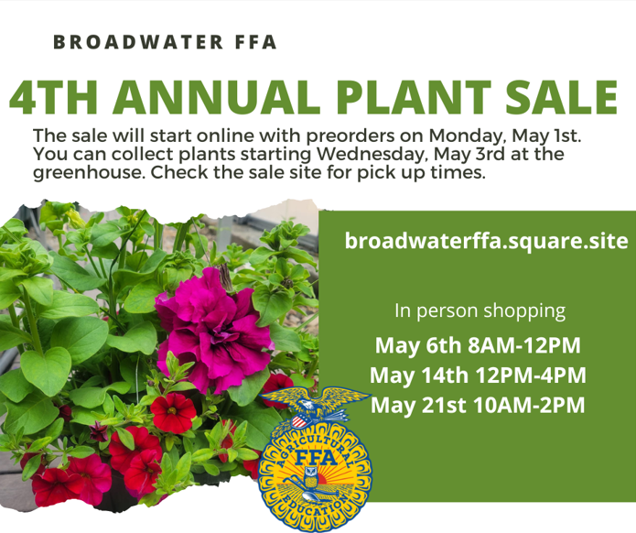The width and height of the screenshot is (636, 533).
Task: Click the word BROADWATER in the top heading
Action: click(138, 42)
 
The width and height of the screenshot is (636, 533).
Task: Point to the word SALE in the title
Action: click(561, 97)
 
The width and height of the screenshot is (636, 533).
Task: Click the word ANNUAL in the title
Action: click(216, 98)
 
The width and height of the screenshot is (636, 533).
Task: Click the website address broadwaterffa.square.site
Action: click(486, 241)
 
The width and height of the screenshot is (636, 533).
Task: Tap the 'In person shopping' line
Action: click(480, 311)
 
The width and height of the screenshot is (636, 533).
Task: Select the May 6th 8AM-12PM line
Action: click(478, 345)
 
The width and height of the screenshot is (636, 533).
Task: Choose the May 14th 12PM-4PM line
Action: click(478, 375)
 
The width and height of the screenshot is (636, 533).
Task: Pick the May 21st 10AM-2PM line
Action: click(478, 405)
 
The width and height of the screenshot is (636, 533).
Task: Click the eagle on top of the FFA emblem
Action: click(316, 404)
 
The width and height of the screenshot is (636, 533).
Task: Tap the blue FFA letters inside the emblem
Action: click(316, 458)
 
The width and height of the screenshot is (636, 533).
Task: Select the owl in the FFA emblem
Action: click(311, 477)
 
